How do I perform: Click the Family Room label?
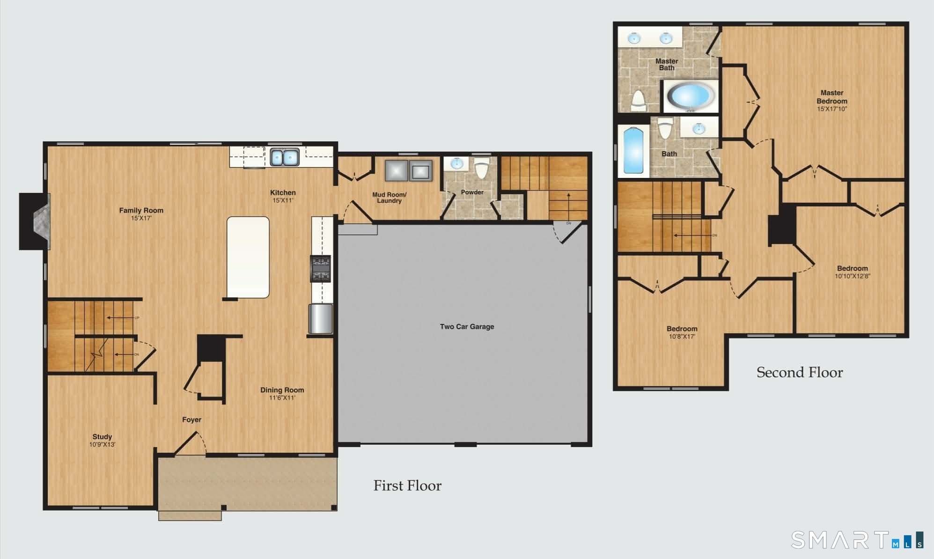(141, 210)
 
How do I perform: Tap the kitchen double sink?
(285, 157)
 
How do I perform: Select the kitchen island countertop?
(248, 257)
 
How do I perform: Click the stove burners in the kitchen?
(321, 269)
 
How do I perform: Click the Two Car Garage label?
(467, 326)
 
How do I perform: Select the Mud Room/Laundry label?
(389, 198)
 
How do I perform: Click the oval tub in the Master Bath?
(691, 96)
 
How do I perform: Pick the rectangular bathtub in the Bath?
(633, 151)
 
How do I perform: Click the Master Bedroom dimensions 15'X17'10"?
(832, 109)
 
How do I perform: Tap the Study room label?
(102, 436)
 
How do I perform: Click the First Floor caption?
(407, 485)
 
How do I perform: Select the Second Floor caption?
(800, 372)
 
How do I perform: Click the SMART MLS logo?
(857, 540)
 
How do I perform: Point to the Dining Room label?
(282, 390)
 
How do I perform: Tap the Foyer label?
(191, 419)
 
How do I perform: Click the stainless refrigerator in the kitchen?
(321, 318)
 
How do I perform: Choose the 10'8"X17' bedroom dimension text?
(682, 336)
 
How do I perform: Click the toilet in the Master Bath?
(638, 101)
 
